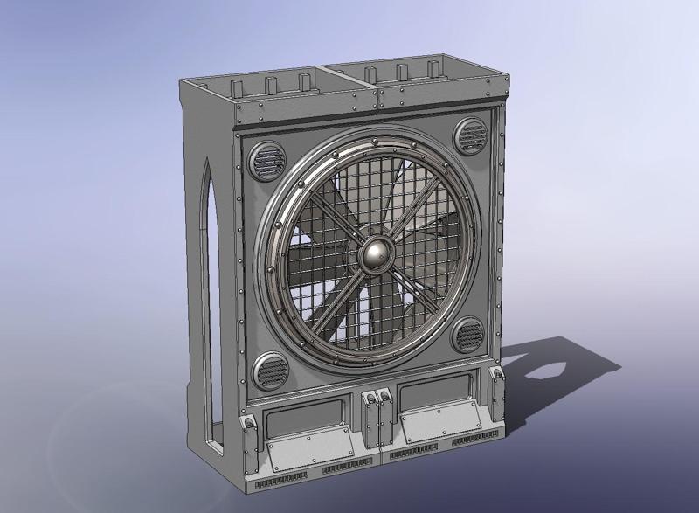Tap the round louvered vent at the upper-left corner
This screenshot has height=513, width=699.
pos(268,161)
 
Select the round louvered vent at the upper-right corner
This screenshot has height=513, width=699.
pos(473,136)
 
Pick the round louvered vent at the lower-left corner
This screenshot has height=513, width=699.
pos(269,372)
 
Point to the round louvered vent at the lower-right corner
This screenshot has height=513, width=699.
pos(468,335)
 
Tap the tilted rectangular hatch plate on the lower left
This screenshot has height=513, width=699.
pos(311,454)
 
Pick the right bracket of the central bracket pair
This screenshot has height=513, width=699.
pos(383,399)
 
